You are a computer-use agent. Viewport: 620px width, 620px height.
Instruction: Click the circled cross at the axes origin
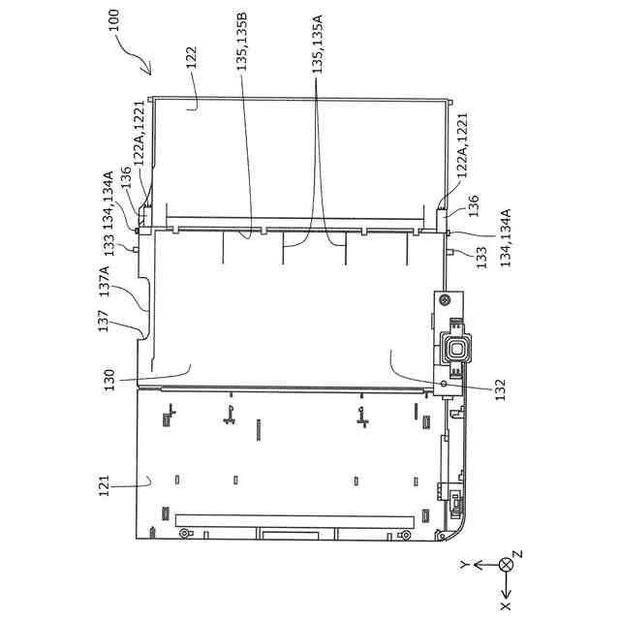point(504,564)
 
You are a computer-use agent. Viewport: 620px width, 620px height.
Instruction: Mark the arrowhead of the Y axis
point(477,564)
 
